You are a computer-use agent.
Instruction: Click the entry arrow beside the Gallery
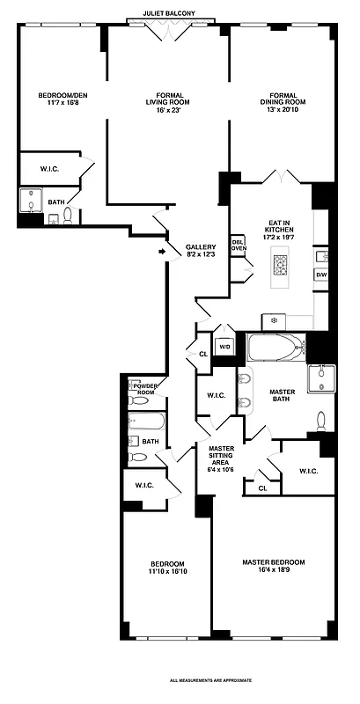[162, 253]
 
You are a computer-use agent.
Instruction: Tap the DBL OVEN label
[238, 244]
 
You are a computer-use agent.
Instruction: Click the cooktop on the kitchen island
[281, 265]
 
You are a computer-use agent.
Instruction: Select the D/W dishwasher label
[321, 275]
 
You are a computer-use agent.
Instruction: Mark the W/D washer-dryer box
[224, 347]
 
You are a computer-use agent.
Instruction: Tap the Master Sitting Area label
[220, 458]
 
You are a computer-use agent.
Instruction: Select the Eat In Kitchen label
[279, 231]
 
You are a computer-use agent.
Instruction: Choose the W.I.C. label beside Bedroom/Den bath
[51, 167]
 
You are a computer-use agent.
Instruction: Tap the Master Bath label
[281, 396]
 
